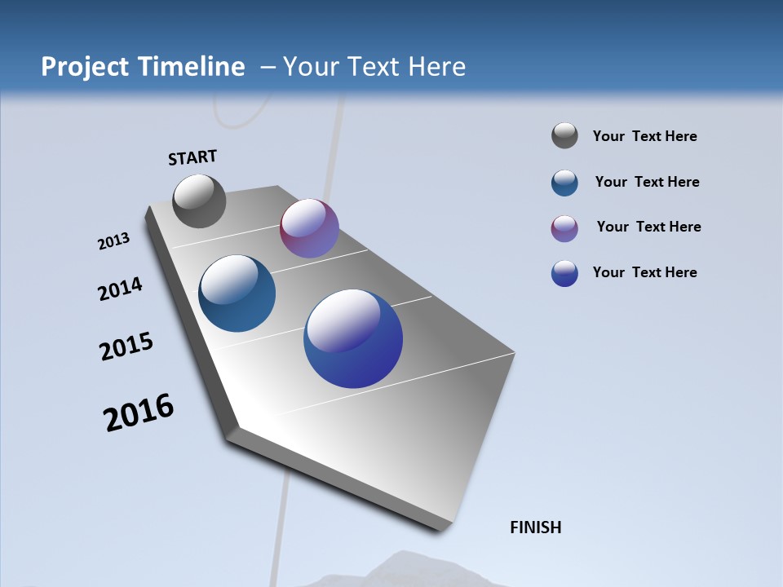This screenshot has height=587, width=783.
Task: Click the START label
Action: (x=192, y=157)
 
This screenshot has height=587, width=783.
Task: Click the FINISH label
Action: (x=535, y=527)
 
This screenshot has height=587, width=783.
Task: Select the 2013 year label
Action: (x=113, y=241)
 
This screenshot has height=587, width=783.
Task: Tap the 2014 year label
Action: (x=120, y=289)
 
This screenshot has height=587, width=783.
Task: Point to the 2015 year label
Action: (x=126, y=346)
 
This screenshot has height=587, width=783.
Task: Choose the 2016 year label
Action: (x=139, y=413)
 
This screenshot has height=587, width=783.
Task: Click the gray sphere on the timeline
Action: (x=199, y=201)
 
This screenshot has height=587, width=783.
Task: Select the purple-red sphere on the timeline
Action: (x=309, y=228)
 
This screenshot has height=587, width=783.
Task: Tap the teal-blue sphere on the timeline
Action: (x=237, y=293)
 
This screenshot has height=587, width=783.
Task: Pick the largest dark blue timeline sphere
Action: (x=353, y=338)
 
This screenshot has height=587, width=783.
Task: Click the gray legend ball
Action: (x=564, y=136)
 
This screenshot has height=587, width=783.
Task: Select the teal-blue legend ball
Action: (x=564, y=183)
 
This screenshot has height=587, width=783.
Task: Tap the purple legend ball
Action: (x=564, y=228)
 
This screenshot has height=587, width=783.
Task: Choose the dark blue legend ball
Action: (x=564, y=273)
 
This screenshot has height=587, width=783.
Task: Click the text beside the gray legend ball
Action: (x=644, y=137)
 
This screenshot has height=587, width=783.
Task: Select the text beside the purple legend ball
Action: (x=648, y=227)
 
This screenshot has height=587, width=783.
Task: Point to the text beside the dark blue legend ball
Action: (x=644, y=272)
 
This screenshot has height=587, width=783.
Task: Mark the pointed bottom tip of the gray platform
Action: (x=440, y=531)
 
